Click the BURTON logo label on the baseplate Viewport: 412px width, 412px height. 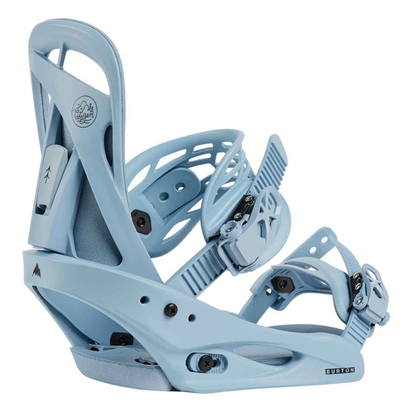(340, 371)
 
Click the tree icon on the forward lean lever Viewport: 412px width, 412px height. (47, 174)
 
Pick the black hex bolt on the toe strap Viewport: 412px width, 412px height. (282, 284)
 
